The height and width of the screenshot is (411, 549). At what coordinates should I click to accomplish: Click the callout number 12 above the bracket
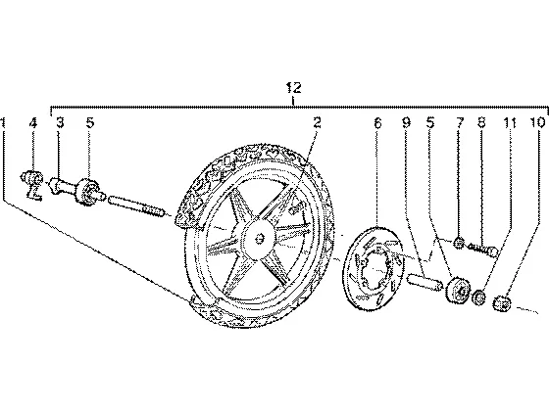click(294, 88)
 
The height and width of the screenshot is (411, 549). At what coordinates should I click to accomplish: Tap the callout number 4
click(33, 122)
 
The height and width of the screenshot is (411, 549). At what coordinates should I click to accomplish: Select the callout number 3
click(60, 122)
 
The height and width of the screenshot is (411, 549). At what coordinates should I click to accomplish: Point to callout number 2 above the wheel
click(317, 122)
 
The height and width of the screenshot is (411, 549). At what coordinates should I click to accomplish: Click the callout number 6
click(377, 122)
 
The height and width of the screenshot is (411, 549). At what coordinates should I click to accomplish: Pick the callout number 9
click(406, 122)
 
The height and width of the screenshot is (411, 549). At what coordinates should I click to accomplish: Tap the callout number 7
click(460, 122)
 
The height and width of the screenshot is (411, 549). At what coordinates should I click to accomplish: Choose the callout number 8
click(481, 122)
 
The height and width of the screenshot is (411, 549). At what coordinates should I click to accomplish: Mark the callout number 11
click(510, 122)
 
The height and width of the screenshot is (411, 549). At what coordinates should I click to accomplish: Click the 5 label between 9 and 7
click(430, 122)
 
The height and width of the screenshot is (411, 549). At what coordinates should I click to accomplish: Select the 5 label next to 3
click(90, 122)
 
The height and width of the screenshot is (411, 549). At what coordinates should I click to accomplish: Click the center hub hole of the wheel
click(260, 239)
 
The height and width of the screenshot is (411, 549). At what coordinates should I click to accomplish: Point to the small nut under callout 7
click(459, 243)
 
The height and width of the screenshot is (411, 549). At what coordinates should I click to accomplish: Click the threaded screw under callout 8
click(482, 250)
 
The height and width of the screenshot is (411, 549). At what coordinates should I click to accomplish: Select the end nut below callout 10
click(502, 302)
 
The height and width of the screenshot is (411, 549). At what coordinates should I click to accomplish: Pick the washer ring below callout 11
click(479, 297)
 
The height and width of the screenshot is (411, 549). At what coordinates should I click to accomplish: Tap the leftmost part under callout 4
click(32, 184)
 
